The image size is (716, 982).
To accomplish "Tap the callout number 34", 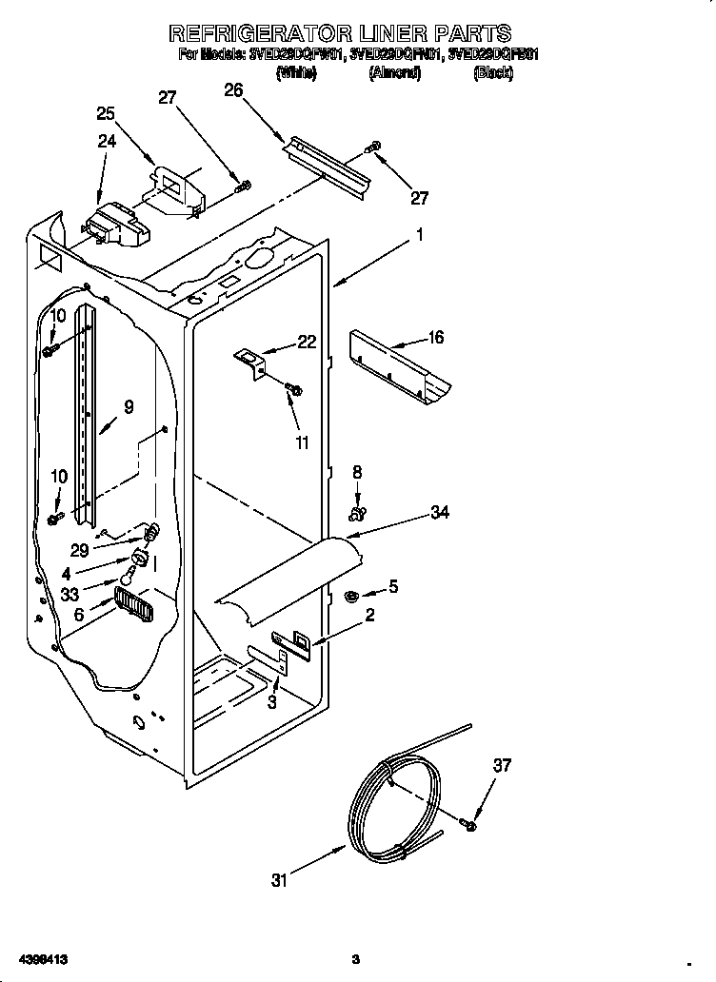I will (x=439, y=513).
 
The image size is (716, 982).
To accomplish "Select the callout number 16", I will (x=435, y=338).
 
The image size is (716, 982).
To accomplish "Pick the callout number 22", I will (x=306, y=343).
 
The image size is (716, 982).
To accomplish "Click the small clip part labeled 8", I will (x=357, y=515).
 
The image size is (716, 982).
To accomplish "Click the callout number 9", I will (x=128, y=406).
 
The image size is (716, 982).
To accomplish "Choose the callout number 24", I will (x=107, y=141).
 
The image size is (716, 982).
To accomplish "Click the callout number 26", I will (x=233, y=90).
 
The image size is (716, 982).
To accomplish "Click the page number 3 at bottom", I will (x=354, y=957).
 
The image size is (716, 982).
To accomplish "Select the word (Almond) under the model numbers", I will (x=394, y=73).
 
